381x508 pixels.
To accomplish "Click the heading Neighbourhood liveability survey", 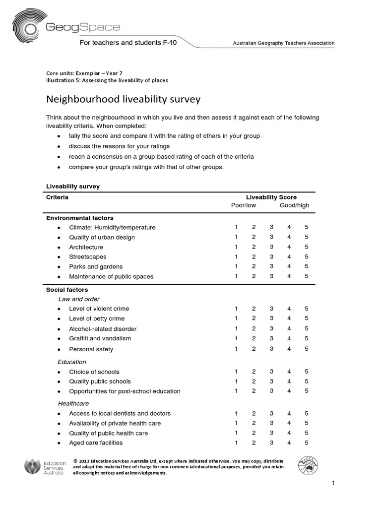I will pyautogui.click(x=123, y=99).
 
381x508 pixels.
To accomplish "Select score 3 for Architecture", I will pyautogui.click(x=271, y=247).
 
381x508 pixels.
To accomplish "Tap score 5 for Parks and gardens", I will pyautogui.click(x=307, y=266).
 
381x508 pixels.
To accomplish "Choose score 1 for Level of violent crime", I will pyautogui.click(x=236, y=309).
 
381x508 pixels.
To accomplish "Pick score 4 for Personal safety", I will pyautogui.click(x=289, y=349).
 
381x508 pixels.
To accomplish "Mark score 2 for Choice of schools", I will pyautogui.click(x=254, y=372).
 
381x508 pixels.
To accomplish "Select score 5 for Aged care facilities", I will pyautogui.click(x=307, y=443).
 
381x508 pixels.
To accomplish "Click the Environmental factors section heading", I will pyautogui.click(x=80, y=218).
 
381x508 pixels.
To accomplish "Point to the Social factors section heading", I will pyautogui.click(x=67, y=290).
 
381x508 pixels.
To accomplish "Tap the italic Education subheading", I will pyautogui.click(x=72, y=362).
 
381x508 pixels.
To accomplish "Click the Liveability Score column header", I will pyautogui.click(x=271, y=197).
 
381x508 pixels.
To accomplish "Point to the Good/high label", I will pyautogui.click(x=294, y=206).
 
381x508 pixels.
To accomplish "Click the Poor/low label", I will pyautogui.click(x=244, y=206).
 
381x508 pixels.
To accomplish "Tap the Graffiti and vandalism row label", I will pyautogui.click(x=100, y=338).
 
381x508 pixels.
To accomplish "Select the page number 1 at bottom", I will pyautogui.click(x=333, y=483).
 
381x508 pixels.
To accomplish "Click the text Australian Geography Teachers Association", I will pyautogui.click(x=284, y=43).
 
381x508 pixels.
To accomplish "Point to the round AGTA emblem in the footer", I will pyautogui.click(x=309, y=466).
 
